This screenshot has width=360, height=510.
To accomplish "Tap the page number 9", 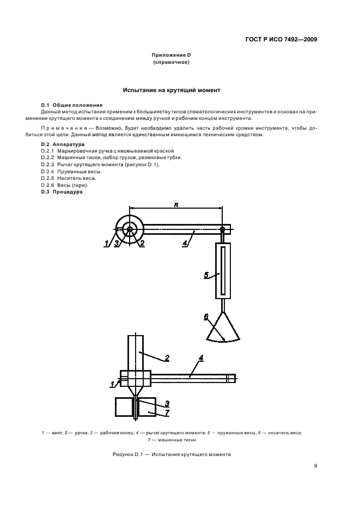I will point(315,465).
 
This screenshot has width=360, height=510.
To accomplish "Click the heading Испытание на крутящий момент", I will point(171,90).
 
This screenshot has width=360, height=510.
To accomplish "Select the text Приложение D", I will point(171,56).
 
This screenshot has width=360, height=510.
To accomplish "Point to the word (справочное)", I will point(171,63).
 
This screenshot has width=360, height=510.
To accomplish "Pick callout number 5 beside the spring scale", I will point(206,275).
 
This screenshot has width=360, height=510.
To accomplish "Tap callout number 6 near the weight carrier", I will point(206,316).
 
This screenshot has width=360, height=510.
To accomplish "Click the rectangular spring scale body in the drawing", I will point(223,271).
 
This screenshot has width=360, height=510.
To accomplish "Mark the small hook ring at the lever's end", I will point(222,230).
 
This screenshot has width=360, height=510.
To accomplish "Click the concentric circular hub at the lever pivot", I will point(129,230).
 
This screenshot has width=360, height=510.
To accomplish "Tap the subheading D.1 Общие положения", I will point(71,105).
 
